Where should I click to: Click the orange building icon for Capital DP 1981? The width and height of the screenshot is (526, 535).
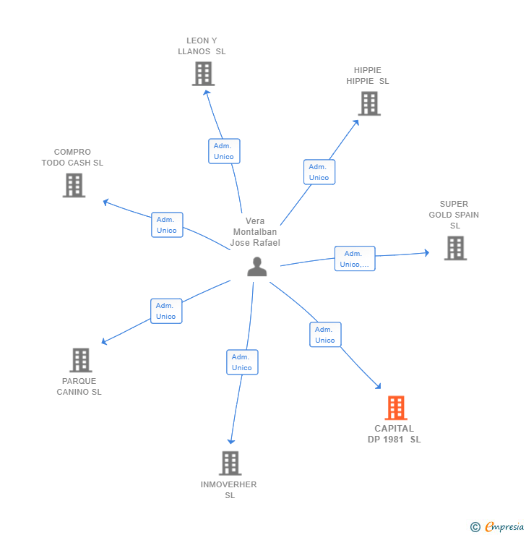pos(395,408)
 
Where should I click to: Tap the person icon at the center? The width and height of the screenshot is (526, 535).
pos(256,267)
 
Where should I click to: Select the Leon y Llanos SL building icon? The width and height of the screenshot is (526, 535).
pos(203,73)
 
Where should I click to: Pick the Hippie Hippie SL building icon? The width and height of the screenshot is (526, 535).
pos(368,103)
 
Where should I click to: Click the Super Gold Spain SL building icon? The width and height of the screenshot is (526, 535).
pos(455,248)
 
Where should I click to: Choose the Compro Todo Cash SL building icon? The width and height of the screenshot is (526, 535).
pos(74,185)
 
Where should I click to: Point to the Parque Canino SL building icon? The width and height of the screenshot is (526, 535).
pos(80,360)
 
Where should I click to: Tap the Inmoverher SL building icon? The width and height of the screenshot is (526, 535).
pos(230,463)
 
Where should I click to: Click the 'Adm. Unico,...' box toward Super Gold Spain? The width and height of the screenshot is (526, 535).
pos(355,259)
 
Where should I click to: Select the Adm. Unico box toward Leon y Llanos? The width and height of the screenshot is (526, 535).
pos(224,151)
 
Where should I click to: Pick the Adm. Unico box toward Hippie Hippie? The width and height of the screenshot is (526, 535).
pos(319,172)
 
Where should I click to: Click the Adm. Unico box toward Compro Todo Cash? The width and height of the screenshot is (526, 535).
pos(167,225)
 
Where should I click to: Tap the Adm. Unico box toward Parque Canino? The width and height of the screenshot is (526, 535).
pos(166,311)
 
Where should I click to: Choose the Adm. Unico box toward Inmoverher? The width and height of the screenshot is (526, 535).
pos(242,362)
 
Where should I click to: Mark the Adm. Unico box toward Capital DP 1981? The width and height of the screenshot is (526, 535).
pos(325,335)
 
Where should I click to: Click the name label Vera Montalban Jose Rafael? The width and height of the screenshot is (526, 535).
pos(255,232)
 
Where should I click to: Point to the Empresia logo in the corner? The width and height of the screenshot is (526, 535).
pos(497,527)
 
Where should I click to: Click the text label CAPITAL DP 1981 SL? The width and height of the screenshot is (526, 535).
pos(394,434)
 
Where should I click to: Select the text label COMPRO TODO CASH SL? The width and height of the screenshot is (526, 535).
pos(72,158)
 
